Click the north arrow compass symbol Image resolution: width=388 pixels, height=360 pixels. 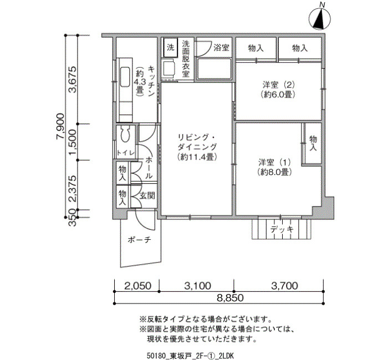tap(320, 19)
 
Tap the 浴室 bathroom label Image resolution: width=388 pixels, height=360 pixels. tap(221, 48)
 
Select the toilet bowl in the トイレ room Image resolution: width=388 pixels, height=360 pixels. tap(126, 134)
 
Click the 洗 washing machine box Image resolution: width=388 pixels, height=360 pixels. tap(171, 47)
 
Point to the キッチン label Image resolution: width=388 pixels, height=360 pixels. tap(151, 81)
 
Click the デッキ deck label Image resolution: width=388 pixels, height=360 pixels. tap(282, 229)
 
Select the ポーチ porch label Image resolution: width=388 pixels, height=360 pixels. tap(139, 240)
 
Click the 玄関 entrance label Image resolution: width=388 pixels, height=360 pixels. tap(147, 196)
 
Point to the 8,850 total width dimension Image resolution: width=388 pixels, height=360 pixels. tap(230, 298)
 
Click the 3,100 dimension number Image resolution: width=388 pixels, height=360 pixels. tap(198, 286)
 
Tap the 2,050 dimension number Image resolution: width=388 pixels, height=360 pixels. tap(137, 286)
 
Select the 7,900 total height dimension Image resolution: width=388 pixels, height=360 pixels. tap(60, 126)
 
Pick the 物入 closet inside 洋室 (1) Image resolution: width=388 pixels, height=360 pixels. tap(313, 143)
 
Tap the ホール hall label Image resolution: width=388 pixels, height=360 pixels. tap(149, 168)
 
